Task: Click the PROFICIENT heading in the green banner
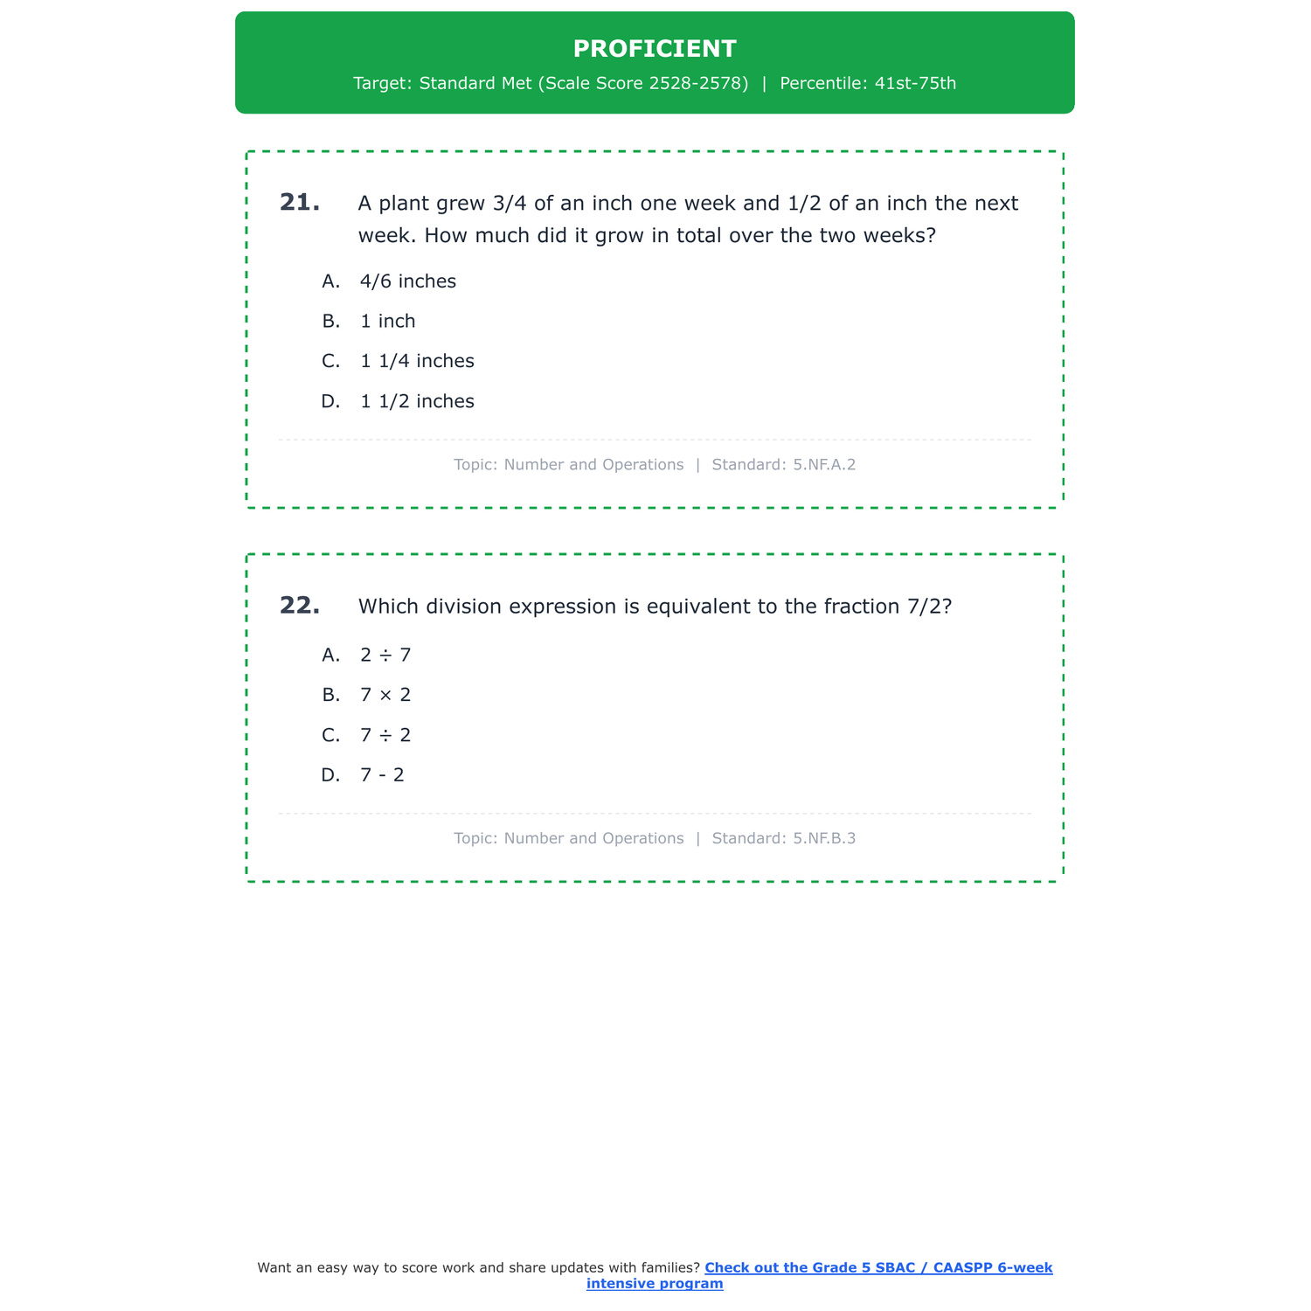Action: pyautogui.click(x=655, y=49)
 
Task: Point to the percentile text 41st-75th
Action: pyautogui.click(x=915, y=84)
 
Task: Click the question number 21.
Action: pyautogui.click(x=299, y=203)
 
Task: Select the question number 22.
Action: pyautogui.click(x=299, y=606)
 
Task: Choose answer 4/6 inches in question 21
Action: pyautogui.click(x=407, y=281)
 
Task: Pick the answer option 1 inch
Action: pyautogui.click(x=387, y=322)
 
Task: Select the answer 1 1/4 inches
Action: pyautogui.click(x=417, y=362)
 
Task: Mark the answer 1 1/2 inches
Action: pyautogui.click(x=417, y=402)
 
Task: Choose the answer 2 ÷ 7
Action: pyautogui.click(x=385, y=655)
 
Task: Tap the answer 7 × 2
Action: pyautogui.click(x=385, y=696)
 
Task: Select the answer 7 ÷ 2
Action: pyautogui.click(x=385, y=736)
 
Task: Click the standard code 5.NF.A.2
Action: pyautogui.click(x=824, y=465)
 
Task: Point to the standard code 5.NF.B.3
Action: pyautogui.click(x=824, y=839)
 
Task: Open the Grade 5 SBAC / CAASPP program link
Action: pyautogui.click(x=877, y=1268)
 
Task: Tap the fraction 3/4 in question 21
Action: pyautogui.click(x=510, y=204)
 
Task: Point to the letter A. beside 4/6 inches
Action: pyautogui.click(x=330, y=281)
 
